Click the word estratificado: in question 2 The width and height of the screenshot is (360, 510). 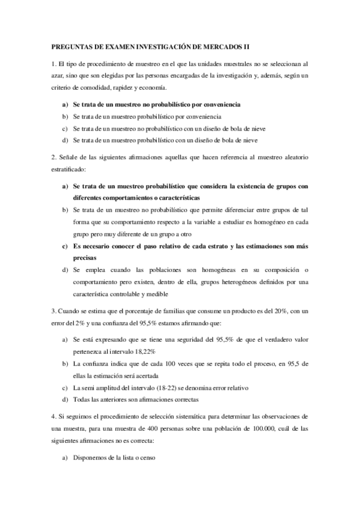[x=69, y=170]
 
